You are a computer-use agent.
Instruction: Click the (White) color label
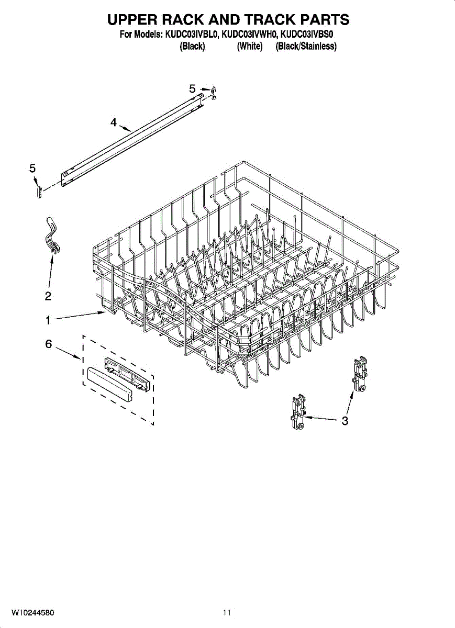click(x=249, y=47)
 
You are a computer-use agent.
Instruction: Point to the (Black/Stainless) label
click(x=306, y=47)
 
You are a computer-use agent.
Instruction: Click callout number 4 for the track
click(x=113, y=122)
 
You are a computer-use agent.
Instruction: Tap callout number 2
click(x=48, y=297)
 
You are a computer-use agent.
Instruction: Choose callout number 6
click(x=48, y=344)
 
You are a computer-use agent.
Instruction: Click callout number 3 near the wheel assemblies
click(x=345, y=420)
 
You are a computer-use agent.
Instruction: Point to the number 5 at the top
click(x=192, y=89)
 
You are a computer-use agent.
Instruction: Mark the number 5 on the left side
click(x=32, y=168)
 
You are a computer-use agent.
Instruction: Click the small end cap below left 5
click(x=38, y=191)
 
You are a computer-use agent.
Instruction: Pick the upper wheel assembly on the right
click(x=360, y=375)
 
